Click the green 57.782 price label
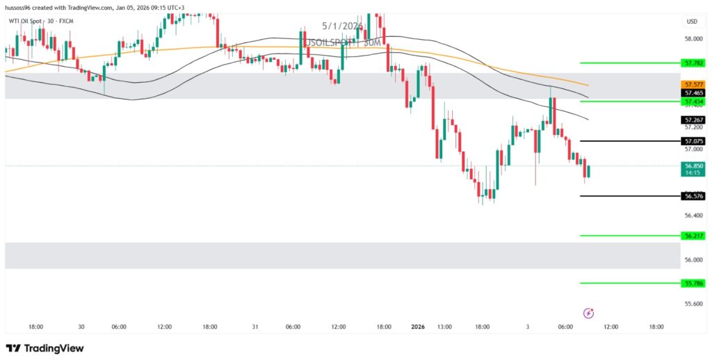coord(694,63)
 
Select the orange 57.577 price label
coord(694,84)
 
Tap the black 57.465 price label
coord(694,92)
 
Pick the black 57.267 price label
coord(694,120)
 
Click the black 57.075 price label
coord(694,141)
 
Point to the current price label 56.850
coord(694,166)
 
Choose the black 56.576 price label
coord(694,197)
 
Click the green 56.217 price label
coord(694,236)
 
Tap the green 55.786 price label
coord(694,284)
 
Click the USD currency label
coord(691,21)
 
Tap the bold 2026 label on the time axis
coord(418,326)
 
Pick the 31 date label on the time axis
coord(255,326)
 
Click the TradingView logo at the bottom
coord(44,348)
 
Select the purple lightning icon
coord(589,313)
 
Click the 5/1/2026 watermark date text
coord(343,26)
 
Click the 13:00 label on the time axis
coord(444,326)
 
